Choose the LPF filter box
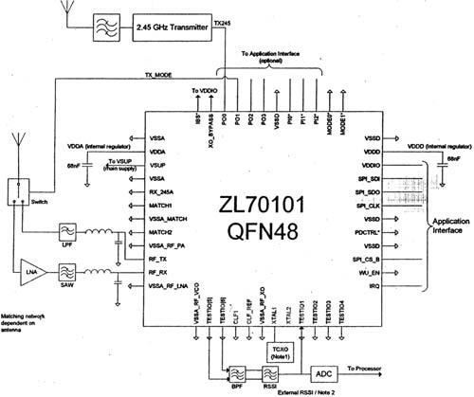pyautogui.click(x=68, y=229)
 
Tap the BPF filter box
pyautogui.click(x=238, y=370)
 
